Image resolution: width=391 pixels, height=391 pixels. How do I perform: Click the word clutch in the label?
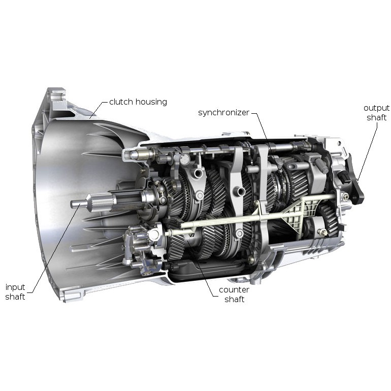(x=121, y=102)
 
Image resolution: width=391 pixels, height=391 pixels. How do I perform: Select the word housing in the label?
(x=151, y=102)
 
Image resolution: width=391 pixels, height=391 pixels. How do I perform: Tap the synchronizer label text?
(x=223, y=113)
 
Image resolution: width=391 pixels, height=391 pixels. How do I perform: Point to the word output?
(x=376, y=109)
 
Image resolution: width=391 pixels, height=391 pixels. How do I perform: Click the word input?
(x=15, y=287)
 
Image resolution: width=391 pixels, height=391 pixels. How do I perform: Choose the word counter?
(x=234, y=290)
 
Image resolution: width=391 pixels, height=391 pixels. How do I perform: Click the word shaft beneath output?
(x=376, y=117)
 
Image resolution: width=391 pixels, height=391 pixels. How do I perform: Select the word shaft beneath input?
(x=15, y=297)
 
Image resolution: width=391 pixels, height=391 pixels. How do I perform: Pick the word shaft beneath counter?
(x=234, y=299)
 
